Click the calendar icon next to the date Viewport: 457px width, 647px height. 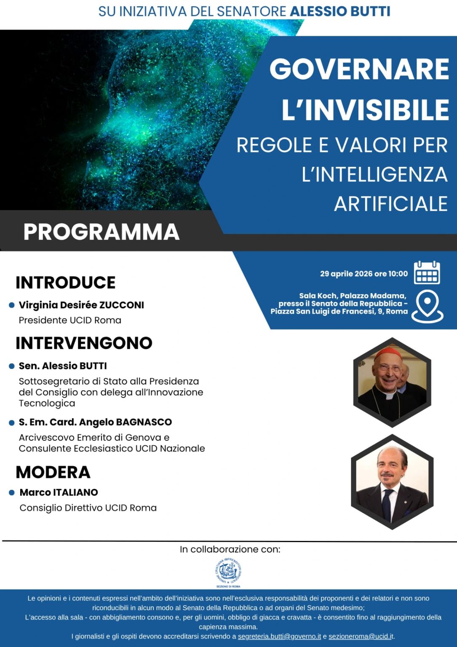tap(427, 273)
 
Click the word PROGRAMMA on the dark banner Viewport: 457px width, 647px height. tap(102, 232)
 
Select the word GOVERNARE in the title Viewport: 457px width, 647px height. tap(359, 69)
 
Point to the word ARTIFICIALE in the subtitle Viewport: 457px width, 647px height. tap(390, 204)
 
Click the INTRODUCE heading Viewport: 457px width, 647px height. tap(66, 283)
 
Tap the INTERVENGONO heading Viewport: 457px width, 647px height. tap(84, 343)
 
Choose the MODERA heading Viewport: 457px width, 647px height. tap(53, 472)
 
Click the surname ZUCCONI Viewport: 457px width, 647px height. tap(122, 305)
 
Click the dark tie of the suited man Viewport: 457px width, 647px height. tap(386, 503)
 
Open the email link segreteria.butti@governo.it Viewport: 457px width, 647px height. tap(279, 636)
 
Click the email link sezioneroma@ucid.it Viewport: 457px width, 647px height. tap(361, 636)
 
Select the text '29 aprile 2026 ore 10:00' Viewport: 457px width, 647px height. tap(364, 274)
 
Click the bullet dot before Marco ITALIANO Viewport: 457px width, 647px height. tap(12, 492)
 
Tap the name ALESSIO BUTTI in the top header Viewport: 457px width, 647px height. tap(340, 11)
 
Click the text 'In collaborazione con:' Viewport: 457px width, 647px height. tap(230, 549)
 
